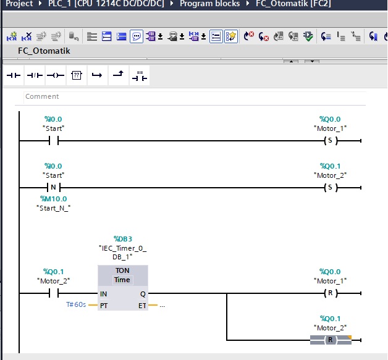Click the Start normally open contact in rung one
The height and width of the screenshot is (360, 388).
pos(54,141)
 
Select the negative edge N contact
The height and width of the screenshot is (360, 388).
pos(54,188)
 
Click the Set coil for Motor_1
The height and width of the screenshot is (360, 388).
pos(331,141)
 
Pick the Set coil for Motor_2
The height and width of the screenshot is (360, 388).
pos(331,188)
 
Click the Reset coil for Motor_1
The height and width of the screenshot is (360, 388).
pos(331,293)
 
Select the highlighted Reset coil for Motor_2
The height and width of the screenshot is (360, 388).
pos(331,340)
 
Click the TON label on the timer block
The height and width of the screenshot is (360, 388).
pos(122,270)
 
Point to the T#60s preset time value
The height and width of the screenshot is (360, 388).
pos(76,304)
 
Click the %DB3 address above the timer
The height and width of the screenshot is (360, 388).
pos(123,239)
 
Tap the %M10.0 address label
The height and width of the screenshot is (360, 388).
pos(54,199)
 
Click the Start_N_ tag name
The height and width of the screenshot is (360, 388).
pos(54,208)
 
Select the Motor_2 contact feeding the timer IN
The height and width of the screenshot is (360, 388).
pos(54,293)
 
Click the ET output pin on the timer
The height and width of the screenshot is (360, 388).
pos(142,306)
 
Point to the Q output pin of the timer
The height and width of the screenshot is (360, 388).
pos(143,294)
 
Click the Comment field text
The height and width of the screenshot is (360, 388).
pos(42,96)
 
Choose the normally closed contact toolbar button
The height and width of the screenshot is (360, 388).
pos(35,75)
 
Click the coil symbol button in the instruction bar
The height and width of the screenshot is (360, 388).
pos(56,75)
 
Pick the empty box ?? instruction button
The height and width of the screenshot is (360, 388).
pos(77,75)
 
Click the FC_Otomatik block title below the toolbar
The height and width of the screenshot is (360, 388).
pos(44,51)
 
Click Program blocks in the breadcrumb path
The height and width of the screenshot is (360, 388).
pos(210,4)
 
